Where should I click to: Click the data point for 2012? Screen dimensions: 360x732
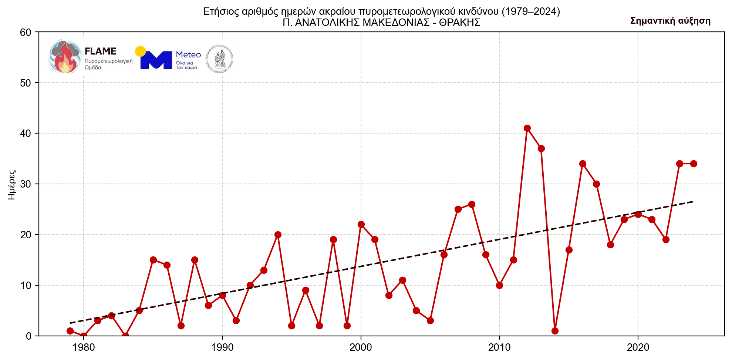coord(527,128)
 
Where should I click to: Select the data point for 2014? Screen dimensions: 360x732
coord(555,331)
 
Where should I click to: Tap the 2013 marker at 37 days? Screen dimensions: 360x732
coord(541,148)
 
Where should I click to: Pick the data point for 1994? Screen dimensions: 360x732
coord(278,235)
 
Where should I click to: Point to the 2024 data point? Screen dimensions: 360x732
coord(694,164)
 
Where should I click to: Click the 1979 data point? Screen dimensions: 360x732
coord(70,331)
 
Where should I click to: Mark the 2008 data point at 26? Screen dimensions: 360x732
coord(472,204)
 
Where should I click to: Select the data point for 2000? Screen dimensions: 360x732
coord(361,224)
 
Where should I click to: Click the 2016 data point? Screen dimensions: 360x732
coord(583,164)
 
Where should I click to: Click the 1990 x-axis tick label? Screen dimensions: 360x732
coord(222,347)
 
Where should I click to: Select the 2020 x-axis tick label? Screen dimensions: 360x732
coord(638,347)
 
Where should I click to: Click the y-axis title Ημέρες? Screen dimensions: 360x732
coord(12,184)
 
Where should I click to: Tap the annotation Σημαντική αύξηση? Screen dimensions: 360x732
coord(670,21)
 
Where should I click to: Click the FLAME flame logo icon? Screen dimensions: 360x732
coord(65,56)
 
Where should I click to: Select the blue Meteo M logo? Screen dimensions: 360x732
coord(156,60)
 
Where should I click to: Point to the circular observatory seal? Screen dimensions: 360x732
coord(220,58)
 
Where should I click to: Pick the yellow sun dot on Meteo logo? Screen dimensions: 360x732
coord(140,51)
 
